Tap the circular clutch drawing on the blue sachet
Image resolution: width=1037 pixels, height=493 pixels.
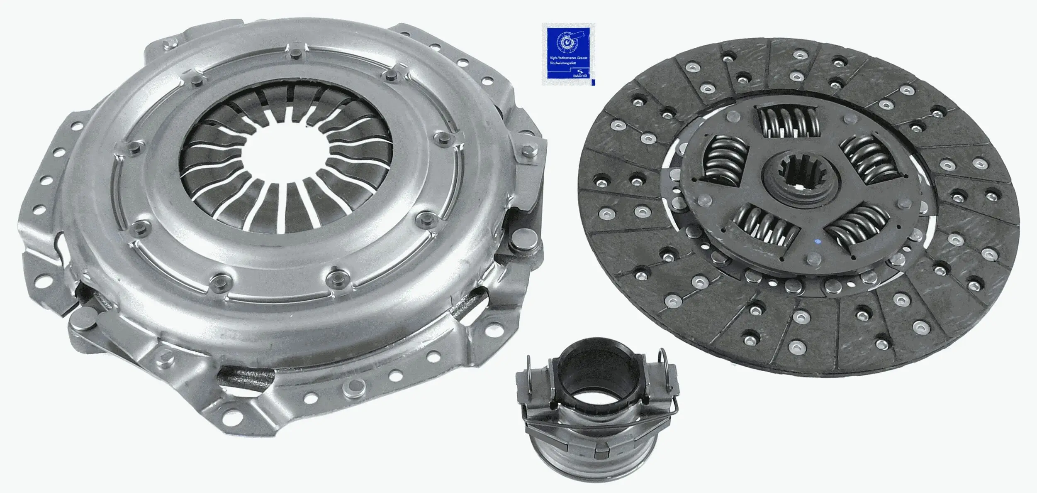(567, 43)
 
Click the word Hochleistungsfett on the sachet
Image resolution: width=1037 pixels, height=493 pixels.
(564, 62)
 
